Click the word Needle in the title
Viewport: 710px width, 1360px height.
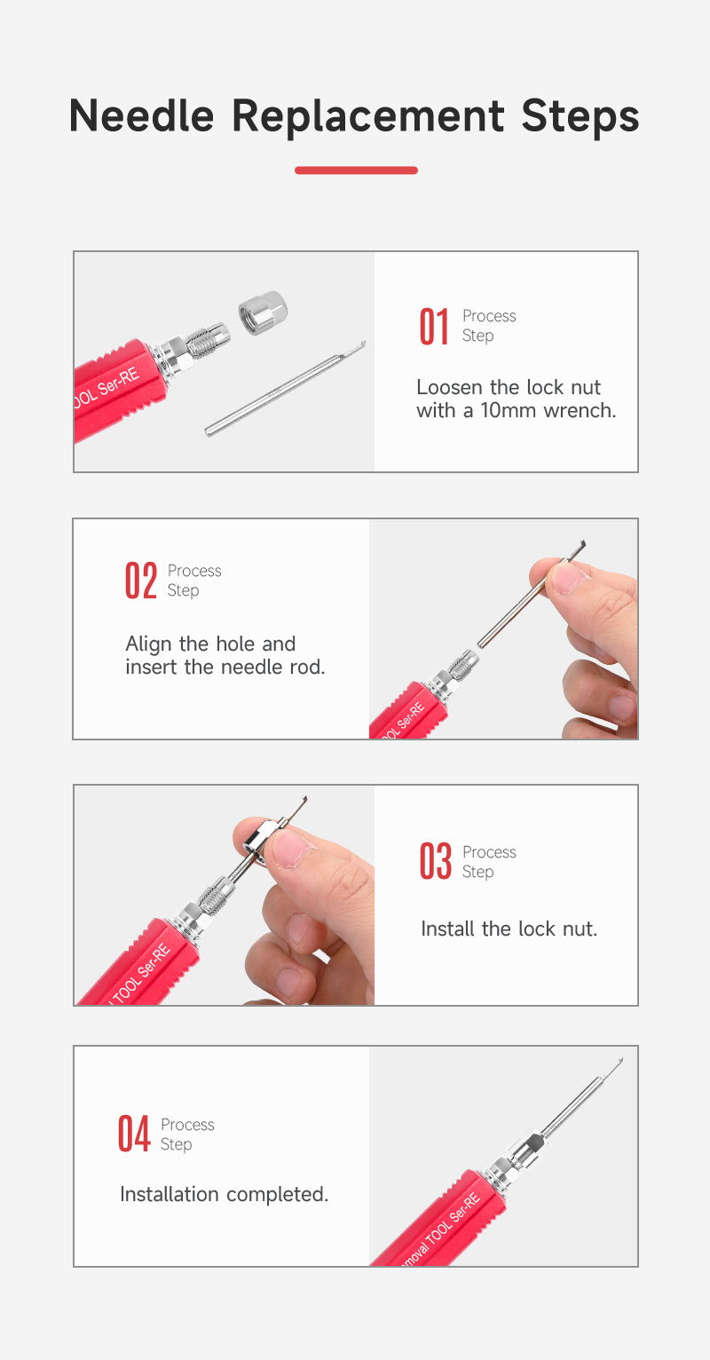pyautogui.click(x=141, y=115)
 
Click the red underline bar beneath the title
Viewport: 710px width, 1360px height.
pyautogui.click(x=356, y=170)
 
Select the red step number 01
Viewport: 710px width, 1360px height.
pyautogui.click(x=434, y=327)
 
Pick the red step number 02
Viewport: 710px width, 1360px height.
pyautogui.click(x=141, y=581)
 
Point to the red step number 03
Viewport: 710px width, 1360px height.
pyautogui.click(x=436, y=861)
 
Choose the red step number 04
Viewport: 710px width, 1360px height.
pyautogui.click(x=134, y=1134)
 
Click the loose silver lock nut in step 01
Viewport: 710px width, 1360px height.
pyautogui.click(x=263, y=312)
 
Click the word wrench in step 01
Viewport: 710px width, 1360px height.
pyautogui.click(x=580, y=411)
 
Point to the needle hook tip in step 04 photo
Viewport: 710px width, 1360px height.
pyautogui.click(x=619, y=1062)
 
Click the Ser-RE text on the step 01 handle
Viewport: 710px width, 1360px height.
pyautogui.click(x=119, y=381)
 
